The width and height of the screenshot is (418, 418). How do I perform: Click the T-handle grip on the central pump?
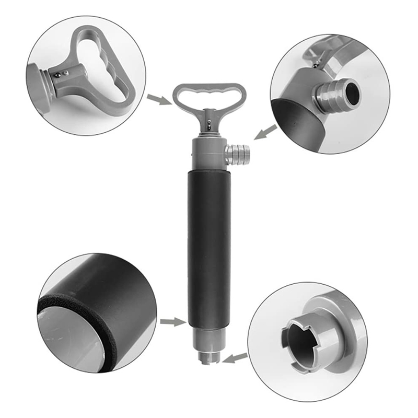tap(209, 91)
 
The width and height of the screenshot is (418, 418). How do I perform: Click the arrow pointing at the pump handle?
tap(158, 99)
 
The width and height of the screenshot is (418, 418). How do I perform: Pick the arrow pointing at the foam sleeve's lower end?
tap(171, 321)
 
